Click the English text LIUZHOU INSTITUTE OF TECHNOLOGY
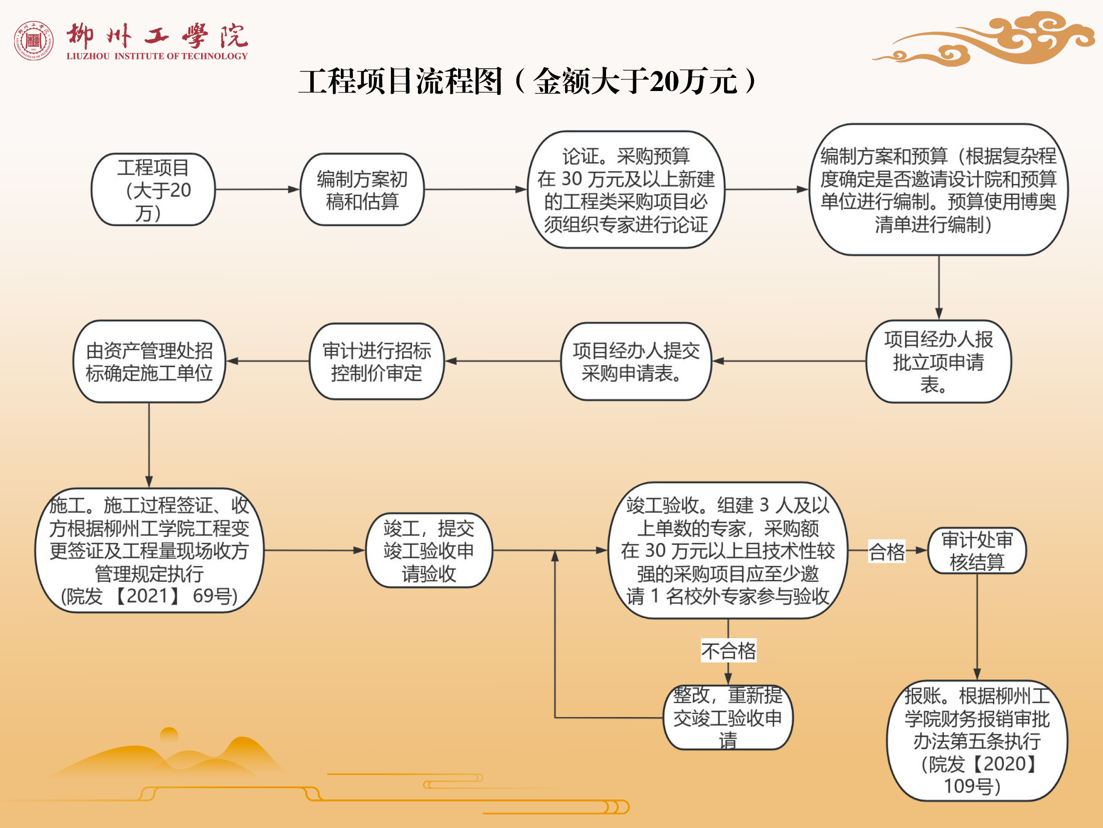(157, 56)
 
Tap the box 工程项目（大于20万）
(153, 190)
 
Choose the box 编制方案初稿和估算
(362, 190)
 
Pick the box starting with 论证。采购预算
(626, 190)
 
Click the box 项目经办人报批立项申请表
(938, 361)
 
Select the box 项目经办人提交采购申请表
(636, 361)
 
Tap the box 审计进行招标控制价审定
(376, 361)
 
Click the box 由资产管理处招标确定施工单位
(149, 361)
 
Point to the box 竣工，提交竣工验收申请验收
(429, 551)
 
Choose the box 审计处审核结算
(977, 551)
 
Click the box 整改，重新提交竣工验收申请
(728, 717)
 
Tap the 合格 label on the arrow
(887, 552)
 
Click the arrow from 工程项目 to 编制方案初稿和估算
(257, 190)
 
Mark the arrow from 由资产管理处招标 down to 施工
(149, 444)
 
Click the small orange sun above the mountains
(169, 734)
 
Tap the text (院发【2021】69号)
(149, 596)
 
